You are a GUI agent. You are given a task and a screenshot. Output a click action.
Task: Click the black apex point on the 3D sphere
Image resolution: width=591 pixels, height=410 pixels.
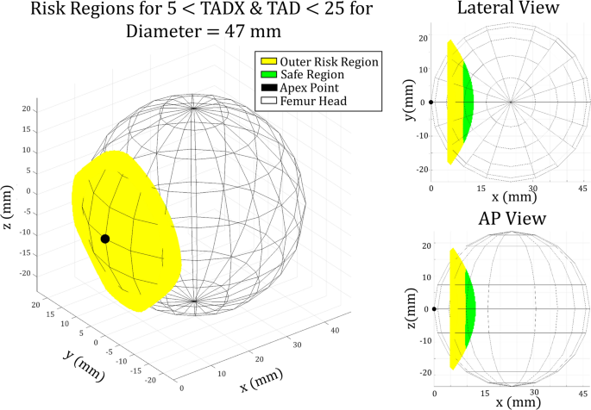(x=104, y=239)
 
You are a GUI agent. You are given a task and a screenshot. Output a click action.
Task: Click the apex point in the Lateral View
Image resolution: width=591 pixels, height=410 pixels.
(x=431, y=102)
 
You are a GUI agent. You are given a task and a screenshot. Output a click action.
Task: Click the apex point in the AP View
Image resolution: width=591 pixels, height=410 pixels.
(x=434, y=308)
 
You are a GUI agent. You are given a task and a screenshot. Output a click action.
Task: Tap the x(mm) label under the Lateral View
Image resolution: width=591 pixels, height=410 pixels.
(x=512, y=197)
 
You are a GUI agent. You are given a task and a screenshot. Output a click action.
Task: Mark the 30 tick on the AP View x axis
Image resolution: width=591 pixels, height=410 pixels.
(x=536, y=393)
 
